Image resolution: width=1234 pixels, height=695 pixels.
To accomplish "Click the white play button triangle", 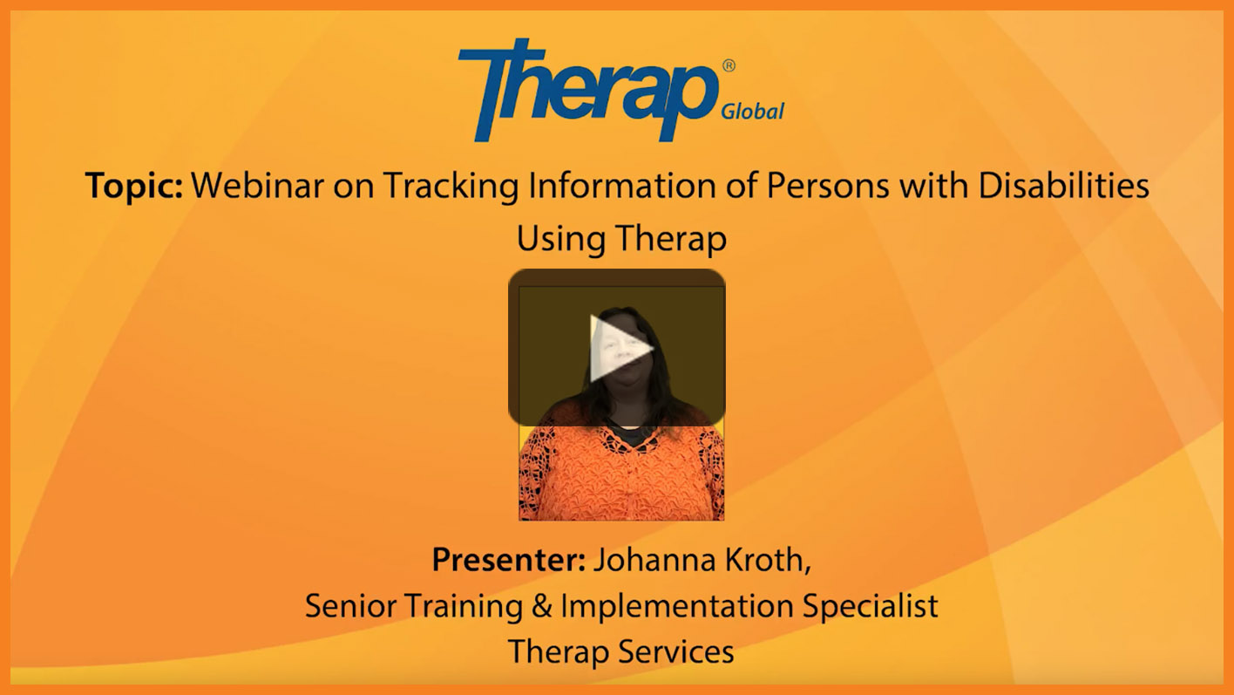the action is [618, 348].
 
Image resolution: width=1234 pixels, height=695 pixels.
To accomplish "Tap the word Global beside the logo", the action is [753, 112].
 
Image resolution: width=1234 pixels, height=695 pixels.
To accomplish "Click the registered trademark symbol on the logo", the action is [729, 65].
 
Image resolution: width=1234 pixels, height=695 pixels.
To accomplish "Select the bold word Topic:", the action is [134, 186].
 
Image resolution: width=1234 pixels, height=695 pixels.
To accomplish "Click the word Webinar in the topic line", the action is [257, 185].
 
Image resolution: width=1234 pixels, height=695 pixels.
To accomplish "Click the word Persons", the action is [828, 185].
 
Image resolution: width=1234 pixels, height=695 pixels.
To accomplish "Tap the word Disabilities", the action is [1064, 185].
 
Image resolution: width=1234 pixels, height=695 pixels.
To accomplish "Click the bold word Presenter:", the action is [508, 560].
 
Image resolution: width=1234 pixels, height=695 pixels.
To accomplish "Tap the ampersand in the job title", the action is [541, 606].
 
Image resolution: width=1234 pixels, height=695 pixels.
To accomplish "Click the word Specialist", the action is [870, 607].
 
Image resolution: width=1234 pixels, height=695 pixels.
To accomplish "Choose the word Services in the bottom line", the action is [676, 651].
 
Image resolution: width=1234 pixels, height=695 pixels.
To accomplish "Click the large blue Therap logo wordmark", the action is [588, 90].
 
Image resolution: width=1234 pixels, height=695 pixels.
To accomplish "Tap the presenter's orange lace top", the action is [621, 474].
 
